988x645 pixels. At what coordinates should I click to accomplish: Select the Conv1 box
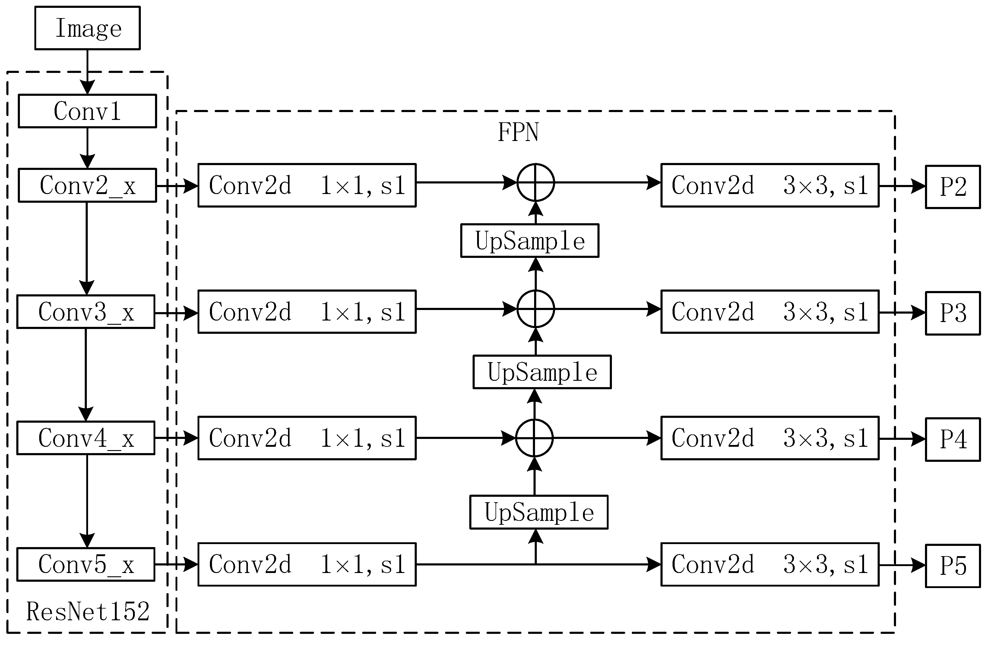[87, 111]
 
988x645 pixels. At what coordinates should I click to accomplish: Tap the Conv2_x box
[87, 185]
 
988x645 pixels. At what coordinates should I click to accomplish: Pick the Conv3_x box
[86, 312]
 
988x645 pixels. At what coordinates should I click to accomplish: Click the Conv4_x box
[86, 438]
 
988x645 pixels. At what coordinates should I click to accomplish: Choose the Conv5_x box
[86, 564]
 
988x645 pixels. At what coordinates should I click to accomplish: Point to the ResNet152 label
[87, 611]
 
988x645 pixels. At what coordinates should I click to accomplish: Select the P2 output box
[953, 187]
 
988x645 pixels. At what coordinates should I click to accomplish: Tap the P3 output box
[953, 313]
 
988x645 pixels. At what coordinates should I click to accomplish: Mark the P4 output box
[953, 439]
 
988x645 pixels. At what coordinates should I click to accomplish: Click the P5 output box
[953, 566]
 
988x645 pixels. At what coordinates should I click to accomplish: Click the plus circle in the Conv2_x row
[536, 183]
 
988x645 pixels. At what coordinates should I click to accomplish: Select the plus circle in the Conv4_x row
[534, 438]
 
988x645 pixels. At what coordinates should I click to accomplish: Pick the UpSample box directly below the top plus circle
[530, 241]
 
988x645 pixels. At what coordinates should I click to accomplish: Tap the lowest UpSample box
[539, 512]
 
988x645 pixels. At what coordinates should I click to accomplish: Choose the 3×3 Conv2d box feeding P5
[770, 564]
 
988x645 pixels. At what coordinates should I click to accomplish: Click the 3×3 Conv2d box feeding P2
[770, 185]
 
